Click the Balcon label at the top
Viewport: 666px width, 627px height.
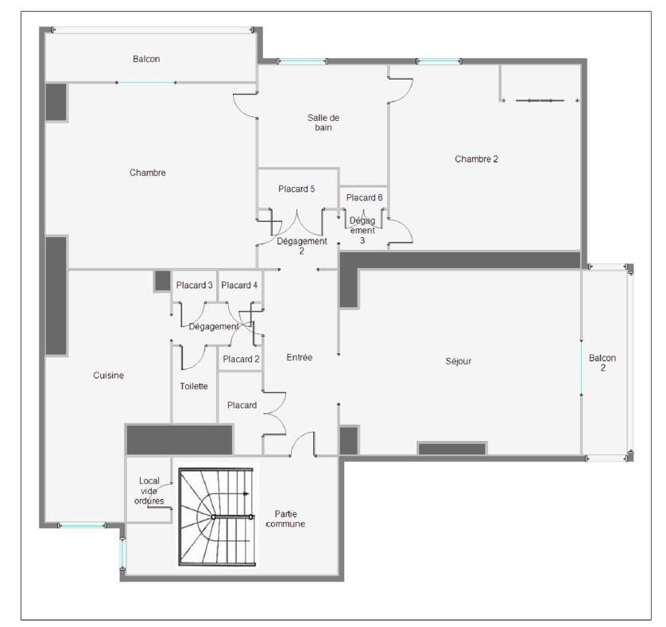click(146, 59)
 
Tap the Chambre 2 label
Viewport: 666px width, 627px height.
click(476, 159)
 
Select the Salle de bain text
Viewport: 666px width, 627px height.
click(323, 123)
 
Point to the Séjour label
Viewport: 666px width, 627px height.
click(459, 361)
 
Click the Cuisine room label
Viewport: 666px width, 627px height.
click(108, 376)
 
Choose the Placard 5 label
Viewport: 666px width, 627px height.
click(296, 189)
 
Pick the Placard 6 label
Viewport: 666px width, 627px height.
click(364, 197)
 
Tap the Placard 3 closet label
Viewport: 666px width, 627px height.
click(194, 285)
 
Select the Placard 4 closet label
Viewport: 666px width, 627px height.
click(239, 285)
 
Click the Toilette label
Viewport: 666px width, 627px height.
click(194, 386)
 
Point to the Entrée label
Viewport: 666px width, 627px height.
click(299, 357)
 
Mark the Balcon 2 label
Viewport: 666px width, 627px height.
click(602, 363)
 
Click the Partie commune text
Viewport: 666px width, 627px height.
click(285, 519)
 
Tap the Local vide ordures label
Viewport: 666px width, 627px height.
click(149, 491)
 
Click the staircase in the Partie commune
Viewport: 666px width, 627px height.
click(217, 517)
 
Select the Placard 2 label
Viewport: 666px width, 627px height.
click(241, 359)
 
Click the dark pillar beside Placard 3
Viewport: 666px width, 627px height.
click(162, 281)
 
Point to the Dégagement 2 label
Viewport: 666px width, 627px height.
click(301, 246)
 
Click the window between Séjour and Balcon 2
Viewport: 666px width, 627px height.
click(581, 368)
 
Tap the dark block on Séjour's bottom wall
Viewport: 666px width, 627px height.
click(452, 449)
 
